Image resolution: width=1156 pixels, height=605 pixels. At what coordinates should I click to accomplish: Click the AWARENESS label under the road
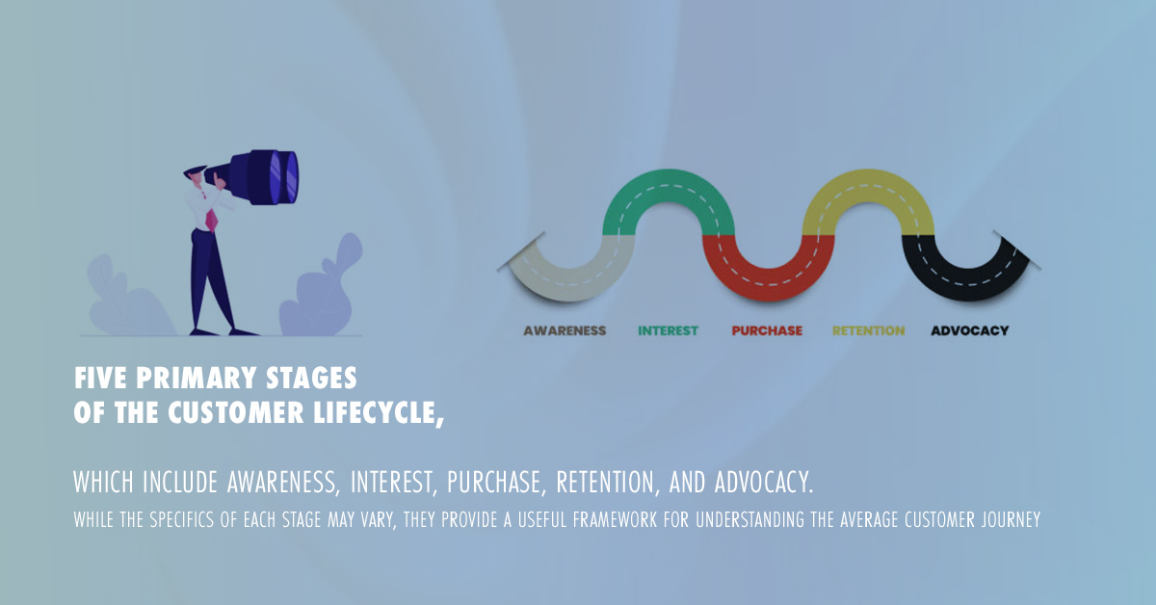click(x=565, y=330)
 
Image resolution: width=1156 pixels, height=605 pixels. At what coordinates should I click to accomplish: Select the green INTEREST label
click(x=668, y=330)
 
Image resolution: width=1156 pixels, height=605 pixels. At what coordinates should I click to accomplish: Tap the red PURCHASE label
click(x=767, y=330)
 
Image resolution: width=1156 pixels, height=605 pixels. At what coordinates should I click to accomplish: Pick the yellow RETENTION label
click(x=869, y=330)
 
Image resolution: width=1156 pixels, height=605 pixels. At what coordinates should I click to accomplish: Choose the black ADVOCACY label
click(x=970, y=330)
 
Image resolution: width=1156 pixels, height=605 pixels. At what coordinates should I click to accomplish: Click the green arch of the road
click(x=669, y=187)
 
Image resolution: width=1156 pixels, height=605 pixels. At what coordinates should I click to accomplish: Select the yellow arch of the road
click(x=868, y=187)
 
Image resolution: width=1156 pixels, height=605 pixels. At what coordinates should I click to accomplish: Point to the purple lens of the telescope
click(x=283, y=176)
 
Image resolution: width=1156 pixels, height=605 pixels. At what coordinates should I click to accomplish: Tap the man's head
click(x=194, y=176)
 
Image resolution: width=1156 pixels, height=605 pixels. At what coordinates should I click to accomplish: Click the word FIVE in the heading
click(x=100, y=378)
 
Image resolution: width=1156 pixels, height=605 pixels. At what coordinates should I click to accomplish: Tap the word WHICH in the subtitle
click(x=103, y=482)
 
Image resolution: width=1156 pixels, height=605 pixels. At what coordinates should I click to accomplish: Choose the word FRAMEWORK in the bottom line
click(x=615, y=519)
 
